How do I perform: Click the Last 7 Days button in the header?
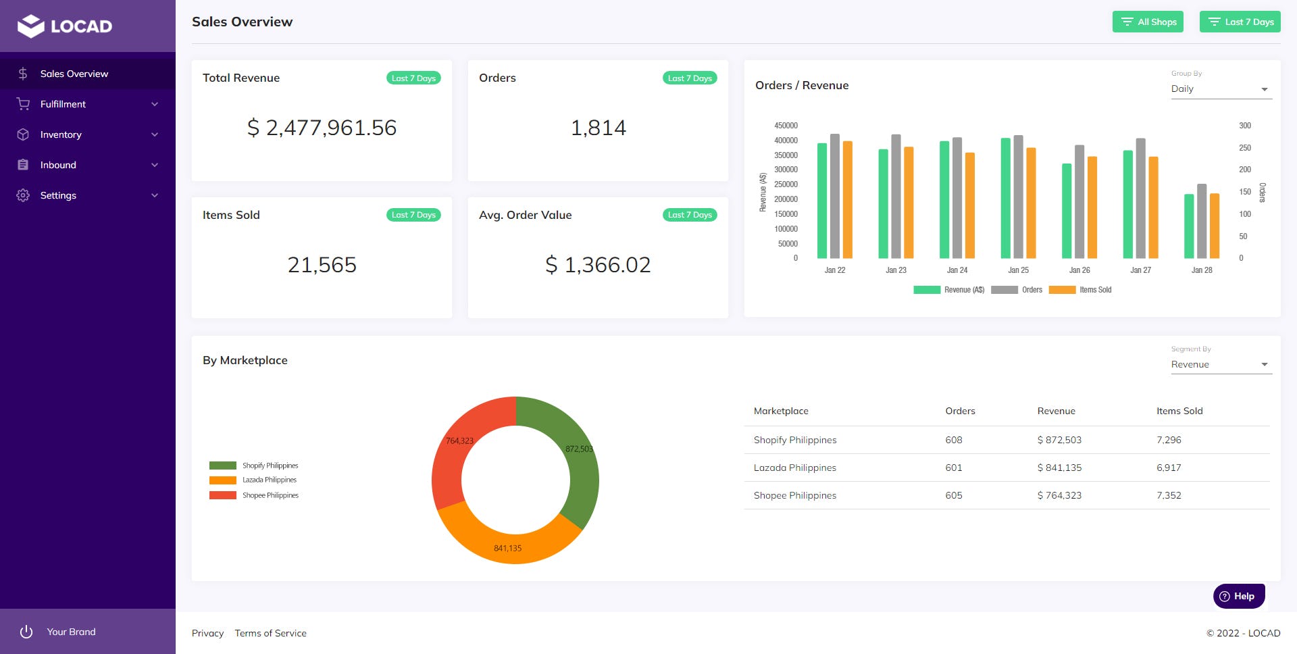tap(1240, 22)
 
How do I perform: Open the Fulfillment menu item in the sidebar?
tap(63, 104)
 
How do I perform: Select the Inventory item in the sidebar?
tap(61, 134)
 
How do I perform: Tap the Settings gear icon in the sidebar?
tap(23, 195)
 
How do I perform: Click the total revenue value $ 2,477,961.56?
tap(322, 128)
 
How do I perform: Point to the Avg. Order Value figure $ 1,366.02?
tap(598, 265)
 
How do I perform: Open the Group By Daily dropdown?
tap(1221, 89)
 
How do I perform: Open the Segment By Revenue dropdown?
tap(1221, 365)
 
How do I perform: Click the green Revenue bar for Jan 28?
tap(1189, 226)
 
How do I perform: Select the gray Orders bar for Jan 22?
tap(835, 196)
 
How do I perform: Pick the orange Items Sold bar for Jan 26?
tap(1092, 207)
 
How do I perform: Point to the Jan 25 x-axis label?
tap(1018, 270)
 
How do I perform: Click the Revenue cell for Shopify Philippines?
tap(1059, 440)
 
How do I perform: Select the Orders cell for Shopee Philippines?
tap(953, 495)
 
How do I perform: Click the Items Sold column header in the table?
tap(1179, 411)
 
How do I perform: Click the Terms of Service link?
tap(270, 633)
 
